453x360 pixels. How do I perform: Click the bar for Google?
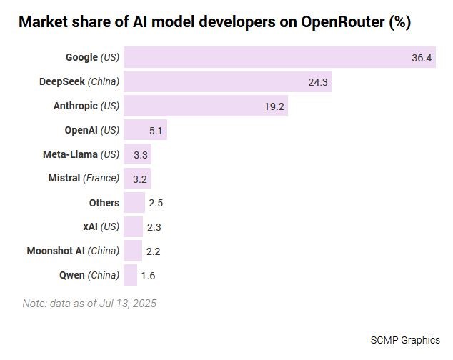point(279,57)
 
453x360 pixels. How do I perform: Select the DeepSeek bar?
point(227,81)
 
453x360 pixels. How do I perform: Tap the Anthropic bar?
point(205,106)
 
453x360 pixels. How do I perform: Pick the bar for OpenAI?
point(145,130)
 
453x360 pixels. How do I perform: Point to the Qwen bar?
point(130,275)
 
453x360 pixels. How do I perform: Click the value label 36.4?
point(422,58)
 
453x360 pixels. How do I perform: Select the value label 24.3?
point(317,82)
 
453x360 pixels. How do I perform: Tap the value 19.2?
point(274,106)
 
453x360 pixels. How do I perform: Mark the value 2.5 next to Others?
point(156,203)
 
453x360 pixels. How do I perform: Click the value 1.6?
point(148,276)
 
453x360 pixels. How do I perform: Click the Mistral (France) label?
point(84,179)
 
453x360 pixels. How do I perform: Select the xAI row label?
point(101,227)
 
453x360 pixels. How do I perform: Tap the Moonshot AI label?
point(73,251)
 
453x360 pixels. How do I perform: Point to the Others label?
point(104,203)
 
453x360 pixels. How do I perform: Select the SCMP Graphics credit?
point(405,339)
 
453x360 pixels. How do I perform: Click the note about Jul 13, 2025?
point(89,303)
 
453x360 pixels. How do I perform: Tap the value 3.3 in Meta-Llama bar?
point(141,154)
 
